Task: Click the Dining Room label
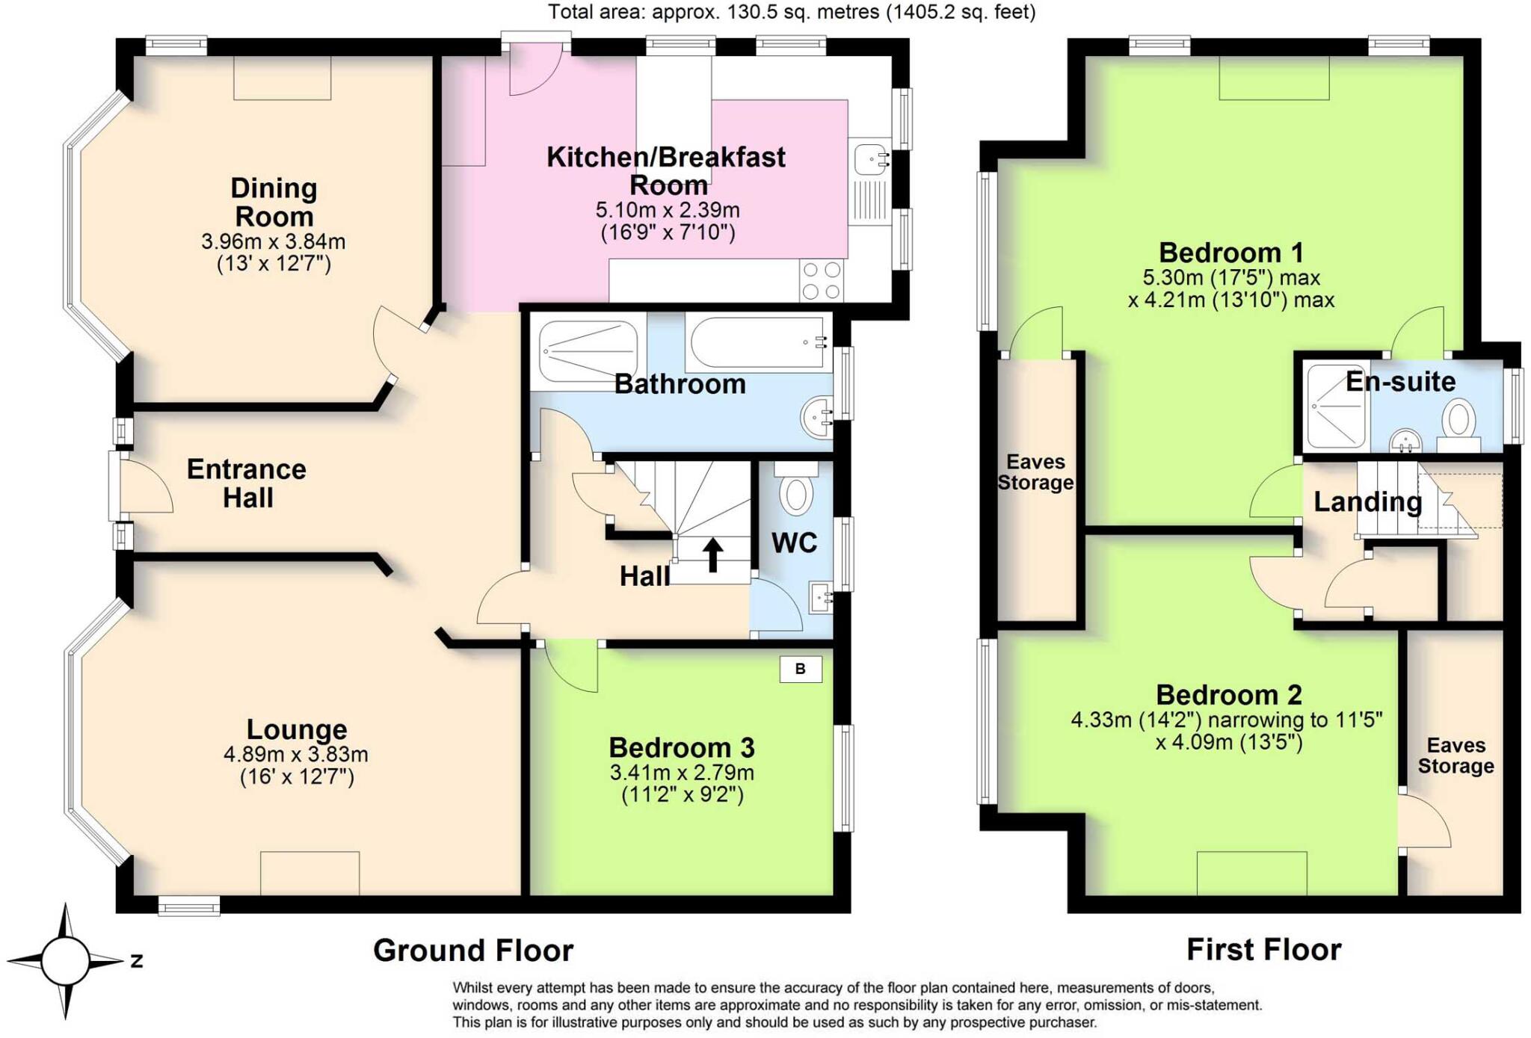coord(274,202)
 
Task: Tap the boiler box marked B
coord(800,669)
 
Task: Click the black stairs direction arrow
coord(712,555)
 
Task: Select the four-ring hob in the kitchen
coord(821,280)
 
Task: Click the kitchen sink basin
coord(869,159)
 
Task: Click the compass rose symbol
coord(66,961)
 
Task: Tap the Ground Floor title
coord(473,951)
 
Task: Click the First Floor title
coord(1263,950)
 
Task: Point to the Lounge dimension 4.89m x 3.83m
coord(296,755)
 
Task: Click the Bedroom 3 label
coord(681,747)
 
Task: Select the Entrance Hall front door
coord(142,486)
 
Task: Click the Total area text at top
coord(792,12)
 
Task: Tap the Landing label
coord(1367,501)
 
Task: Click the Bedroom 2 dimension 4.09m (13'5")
coord(1228,743)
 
